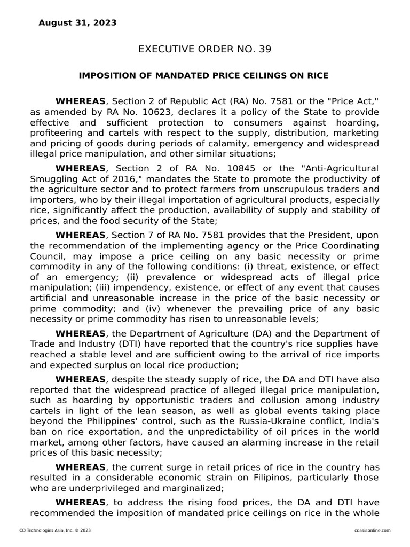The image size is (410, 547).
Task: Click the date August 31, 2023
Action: (77, 22)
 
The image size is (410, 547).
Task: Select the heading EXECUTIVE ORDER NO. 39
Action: (205, 49)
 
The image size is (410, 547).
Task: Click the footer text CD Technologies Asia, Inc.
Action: (48, 530)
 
